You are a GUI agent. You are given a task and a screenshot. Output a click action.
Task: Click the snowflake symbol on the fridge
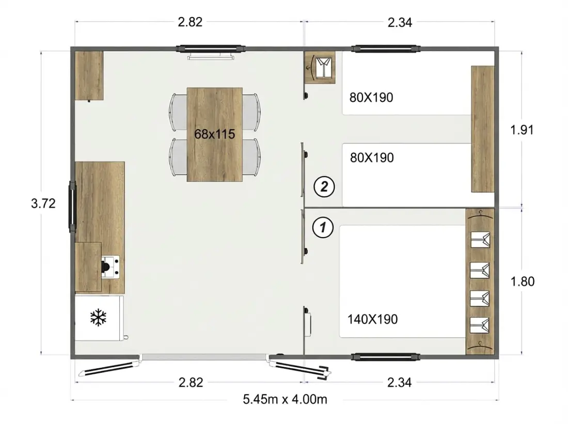[98, 318]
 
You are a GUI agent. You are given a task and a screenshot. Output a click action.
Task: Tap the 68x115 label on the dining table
[215, 134]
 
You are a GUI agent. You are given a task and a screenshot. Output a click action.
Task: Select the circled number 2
[324, 186]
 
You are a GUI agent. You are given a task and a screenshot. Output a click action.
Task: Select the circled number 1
[323, 227]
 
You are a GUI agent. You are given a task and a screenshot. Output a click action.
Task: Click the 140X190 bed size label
[373, 319]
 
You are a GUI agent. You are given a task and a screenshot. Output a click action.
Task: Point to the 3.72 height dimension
[43, 203]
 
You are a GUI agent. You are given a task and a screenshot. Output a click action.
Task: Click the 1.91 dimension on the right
[522, 130]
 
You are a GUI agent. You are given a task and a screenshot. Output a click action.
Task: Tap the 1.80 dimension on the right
[523, 281]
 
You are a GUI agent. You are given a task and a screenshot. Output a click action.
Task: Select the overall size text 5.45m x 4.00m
[285, 399]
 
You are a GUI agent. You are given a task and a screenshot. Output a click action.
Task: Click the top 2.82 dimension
[190, 22]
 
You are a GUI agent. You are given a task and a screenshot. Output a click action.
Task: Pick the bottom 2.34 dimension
[400, 382]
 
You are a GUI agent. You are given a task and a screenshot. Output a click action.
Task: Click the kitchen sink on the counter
[110, 267]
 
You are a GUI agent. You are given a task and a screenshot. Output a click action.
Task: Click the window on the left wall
[73, 207]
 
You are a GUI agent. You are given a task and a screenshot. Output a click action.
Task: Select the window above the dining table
[211, 48]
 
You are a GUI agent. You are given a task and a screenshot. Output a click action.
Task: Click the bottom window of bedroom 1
[386, 356]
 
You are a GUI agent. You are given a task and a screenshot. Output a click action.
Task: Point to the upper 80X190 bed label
[371, 98]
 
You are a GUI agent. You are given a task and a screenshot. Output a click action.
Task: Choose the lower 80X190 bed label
[372, 158]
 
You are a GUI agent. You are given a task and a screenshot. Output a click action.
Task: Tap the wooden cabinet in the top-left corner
[89, 75]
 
